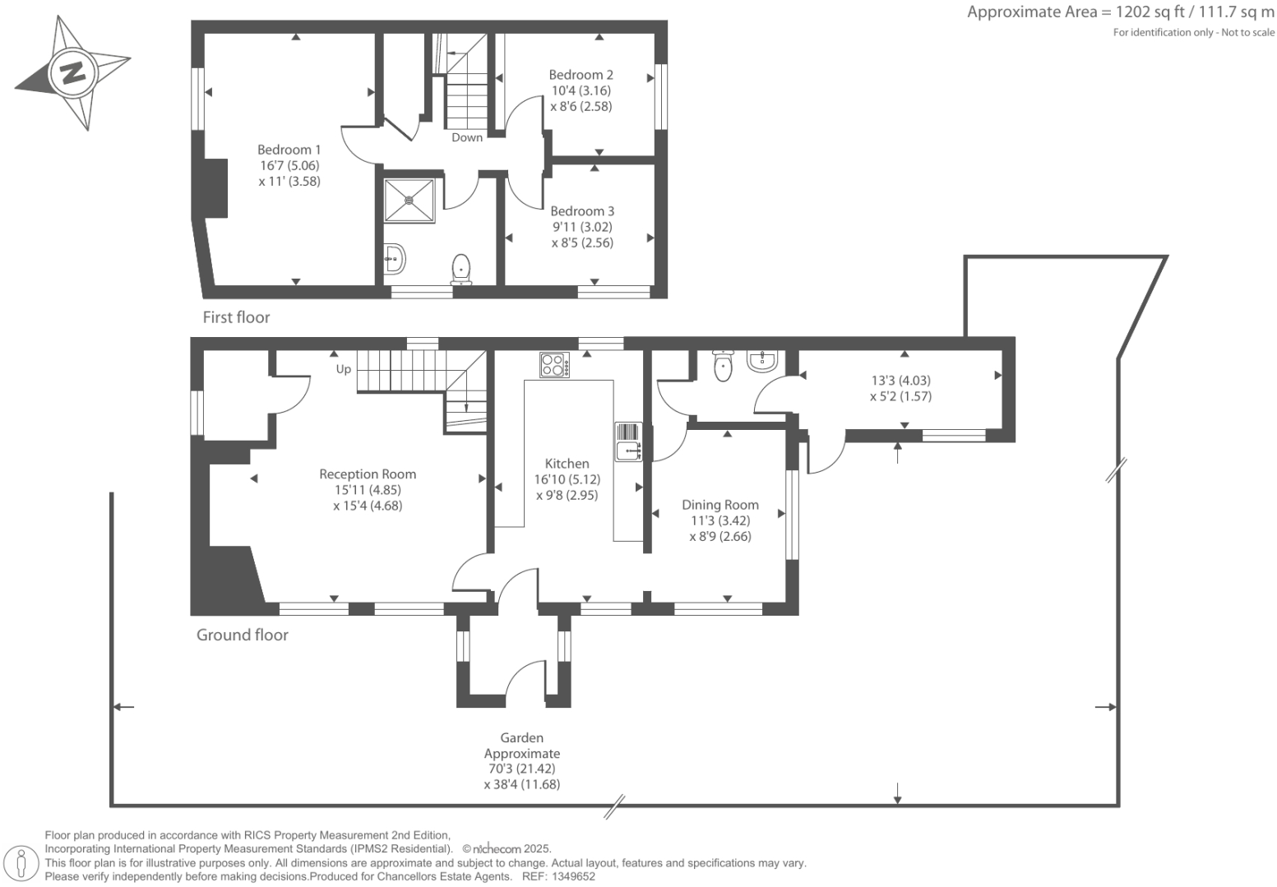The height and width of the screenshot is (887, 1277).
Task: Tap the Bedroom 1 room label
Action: (289, 150)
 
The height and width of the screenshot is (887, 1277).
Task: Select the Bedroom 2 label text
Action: (581, 75)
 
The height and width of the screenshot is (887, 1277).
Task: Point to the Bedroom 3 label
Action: (582, 211)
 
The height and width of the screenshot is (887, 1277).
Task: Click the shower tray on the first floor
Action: (409, 200)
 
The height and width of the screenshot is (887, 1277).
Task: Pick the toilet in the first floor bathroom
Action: (461, 269)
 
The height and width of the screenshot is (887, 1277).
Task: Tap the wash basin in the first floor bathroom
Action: (395, 260)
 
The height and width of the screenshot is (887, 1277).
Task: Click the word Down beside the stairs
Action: (467, 137)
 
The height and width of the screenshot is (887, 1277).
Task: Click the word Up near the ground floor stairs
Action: (343, 369)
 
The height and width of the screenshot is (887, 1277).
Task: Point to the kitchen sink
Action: (628, 450)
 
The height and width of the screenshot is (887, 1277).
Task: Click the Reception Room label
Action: (368, 474)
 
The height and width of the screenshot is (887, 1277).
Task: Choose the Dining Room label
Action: (719, 505)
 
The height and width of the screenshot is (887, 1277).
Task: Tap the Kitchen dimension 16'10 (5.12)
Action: (567, 479)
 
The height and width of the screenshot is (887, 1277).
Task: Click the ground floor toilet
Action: (723, 366)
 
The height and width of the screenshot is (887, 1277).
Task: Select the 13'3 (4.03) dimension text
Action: (900, 381)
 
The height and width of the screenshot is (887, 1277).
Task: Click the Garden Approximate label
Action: (522, 746)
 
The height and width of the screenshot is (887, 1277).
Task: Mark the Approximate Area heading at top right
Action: (1120, 12)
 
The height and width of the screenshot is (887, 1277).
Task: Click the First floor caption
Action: (236, 317)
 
